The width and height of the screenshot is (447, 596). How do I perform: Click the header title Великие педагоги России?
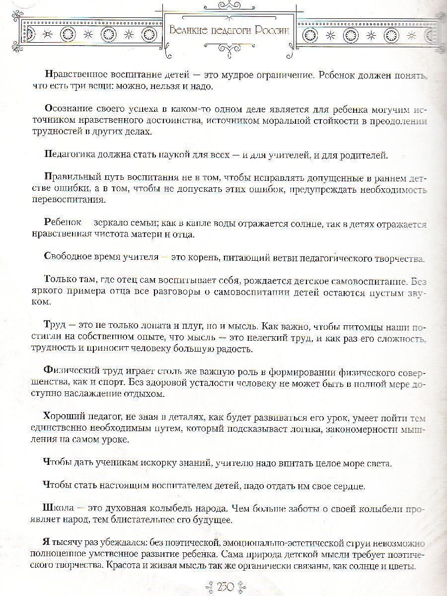pyautogui.click(x=229, y=29)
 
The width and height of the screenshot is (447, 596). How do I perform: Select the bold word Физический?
pyautogui.click(x=69, y=372)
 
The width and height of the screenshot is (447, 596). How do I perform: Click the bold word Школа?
pyautogui.click(x=59, y=509)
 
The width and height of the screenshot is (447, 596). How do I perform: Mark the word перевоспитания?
pyautogui.click(x=74, y=201)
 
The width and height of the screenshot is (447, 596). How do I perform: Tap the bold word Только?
pyautogui.click(x=58, y=280)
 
